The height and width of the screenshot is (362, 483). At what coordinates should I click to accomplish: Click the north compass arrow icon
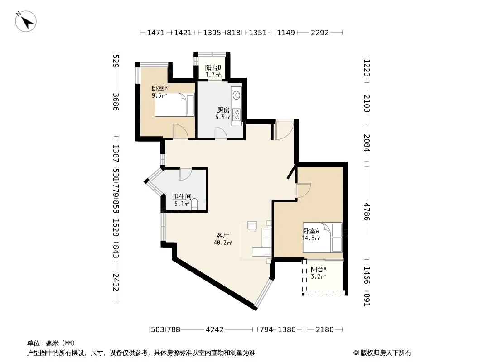click(x=26, y=21)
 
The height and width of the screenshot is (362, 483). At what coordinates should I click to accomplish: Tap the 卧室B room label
click(x=159, y=89)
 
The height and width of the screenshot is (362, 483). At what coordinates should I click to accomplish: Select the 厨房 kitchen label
click(x=223, y=110)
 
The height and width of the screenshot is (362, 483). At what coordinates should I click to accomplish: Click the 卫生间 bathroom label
click(x=182, y=196)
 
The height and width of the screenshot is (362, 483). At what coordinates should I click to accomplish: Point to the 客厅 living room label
click(x=223, y=236)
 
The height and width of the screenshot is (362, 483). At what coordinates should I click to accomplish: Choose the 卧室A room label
click(x=311, y=231)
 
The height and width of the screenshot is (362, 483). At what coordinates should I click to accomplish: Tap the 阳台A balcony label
click(x=319, y=269)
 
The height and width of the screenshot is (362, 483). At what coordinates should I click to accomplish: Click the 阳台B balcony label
click(x=213, y=67)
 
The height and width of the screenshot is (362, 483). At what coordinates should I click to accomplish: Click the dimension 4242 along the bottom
click(x=215, y=329)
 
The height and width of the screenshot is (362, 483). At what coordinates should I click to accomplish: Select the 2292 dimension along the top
click(x=320, y=32)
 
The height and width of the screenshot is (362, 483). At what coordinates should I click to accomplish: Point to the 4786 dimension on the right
click(x=366, y=212)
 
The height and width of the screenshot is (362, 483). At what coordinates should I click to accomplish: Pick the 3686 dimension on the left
click(x=116, y=101)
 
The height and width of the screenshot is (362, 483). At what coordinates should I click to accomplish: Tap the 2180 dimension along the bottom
click(x=325, y=329)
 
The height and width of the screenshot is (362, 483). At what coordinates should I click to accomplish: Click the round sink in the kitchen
click(x=237, y=95)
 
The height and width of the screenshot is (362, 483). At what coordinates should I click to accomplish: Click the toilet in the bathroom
click(x=194, y=204)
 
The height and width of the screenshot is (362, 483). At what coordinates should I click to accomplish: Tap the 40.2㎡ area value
click(x=223, y=243)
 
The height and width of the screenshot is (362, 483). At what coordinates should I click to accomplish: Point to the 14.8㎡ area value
click(x=311, y=238)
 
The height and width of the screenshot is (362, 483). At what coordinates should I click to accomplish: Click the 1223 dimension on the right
click(x=366, y=68)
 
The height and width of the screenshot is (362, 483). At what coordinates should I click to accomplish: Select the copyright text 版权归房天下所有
click(x=386, y=353)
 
